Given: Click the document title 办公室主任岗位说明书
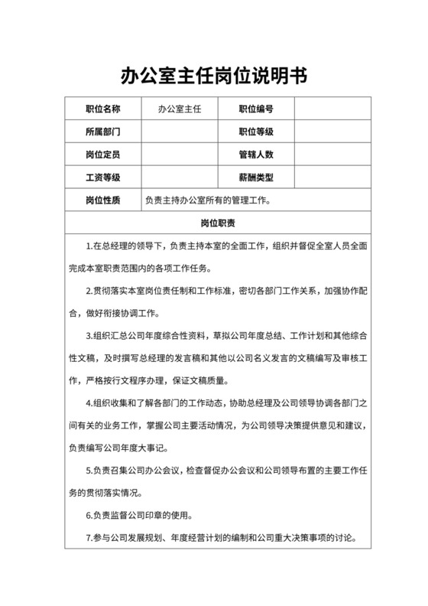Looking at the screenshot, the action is pos(214,75).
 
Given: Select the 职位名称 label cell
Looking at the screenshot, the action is pos(102,109).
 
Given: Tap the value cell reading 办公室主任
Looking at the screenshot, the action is pos(179,109).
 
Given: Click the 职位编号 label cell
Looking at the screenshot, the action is pos(256,109).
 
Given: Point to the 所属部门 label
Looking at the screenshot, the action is pos(102,132).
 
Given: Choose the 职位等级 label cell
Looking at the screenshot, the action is pos(256,132).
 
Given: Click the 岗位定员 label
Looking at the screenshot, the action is pos(102,155).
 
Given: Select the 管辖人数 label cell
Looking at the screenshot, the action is pos(256,155).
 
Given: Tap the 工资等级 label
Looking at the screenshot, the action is pos(102,178).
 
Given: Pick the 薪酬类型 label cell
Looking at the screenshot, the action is pos(256,178).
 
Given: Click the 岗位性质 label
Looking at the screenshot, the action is pos(102,200).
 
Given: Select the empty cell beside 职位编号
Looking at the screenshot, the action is pos(332,109).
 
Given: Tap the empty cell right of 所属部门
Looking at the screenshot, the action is pos(179,132).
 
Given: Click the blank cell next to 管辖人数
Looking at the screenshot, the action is pos(332,155).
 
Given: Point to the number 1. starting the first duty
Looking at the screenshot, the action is pos(89,246).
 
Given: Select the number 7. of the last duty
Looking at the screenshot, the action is pos(89,538).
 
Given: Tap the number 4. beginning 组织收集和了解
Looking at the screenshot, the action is pos(89,403).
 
